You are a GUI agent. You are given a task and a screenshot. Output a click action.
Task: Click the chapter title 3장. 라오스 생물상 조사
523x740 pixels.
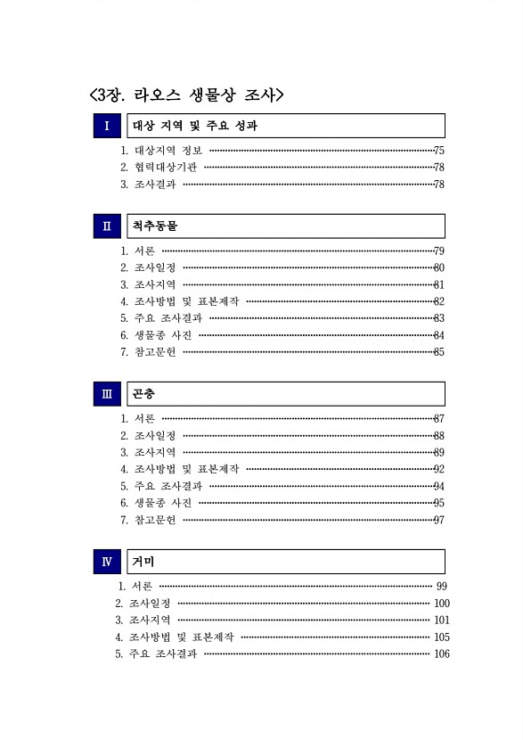(186, 93)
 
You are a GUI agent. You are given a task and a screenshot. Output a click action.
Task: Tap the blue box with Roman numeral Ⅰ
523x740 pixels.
(107, 126)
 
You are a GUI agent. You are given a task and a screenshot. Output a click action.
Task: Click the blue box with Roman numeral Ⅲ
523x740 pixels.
(107, 394)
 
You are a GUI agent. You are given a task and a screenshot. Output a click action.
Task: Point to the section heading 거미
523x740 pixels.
(143, 562)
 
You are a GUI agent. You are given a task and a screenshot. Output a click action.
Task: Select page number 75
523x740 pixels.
(438, 151)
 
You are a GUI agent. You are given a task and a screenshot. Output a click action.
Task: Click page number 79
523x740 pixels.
(438, 251)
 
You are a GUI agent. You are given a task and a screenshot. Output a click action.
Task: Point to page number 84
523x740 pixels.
(438, 335)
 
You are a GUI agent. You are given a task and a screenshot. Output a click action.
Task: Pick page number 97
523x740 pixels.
(438, 520)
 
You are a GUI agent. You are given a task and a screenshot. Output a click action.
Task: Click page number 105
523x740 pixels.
(441, 637)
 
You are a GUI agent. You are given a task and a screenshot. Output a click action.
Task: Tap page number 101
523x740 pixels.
(441, 620)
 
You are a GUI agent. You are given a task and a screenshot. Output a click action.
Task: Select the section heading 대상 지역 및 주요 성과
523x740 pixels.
(195, 126)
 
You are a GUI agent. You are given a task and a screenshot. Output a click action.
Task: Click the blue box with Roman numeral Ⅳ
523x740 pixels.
(107, 562)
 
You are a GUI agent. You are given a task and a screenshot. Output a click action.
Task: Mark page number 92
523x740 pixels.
(438, 469)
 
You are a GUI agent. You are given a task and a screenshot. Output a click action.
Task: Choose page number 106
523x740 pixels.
(441, 654)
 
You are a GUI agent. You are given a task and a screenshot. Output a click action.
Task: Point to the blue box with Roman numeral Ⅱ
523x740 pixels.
(107, 226)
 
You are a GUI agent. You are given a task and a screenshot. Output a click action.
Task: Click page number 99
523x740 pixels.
(442, 586)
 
